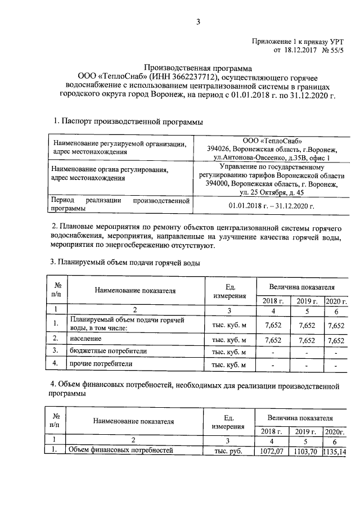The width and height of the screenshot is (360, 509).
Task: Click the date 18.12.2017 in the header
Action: click(299, 50)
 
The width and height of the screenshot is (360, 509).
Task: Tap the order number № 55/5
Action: click(331, 50)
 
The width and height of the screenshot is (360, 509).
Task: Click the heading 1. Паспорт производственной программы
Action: click(128, 121)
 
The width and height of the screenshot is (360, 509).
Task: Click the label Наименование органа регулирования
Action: click(110, 170)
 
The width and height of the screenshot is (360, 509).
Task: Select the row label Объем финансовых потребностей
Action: click(119, 450)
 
